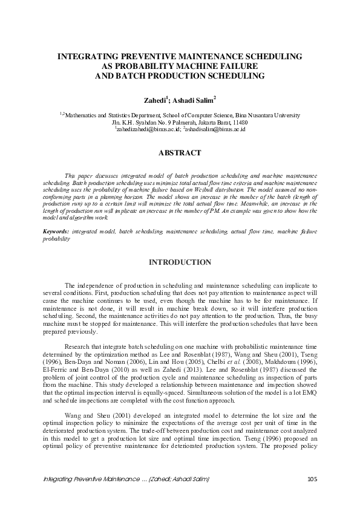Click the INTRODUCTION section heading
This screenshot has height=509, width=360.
coord(180,262)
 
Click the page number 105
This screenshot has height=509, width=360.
coord(312,479)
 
